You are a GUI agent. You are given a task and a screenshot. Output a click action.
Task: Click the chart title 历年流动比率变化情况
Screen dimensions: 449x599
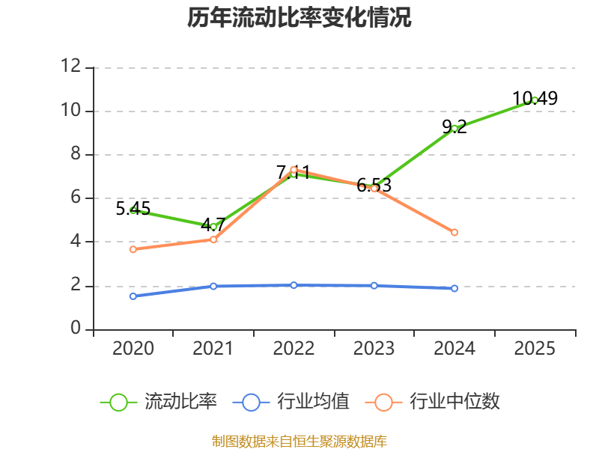[x=299, y=17]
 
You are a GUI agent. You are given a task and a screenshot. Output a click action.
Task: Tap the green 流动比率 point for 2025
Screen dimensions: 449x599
[x=535, y=100]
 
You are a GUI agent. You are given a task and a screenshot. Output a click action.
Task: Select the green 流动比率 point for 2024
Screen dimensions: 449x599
[x=454, y=128]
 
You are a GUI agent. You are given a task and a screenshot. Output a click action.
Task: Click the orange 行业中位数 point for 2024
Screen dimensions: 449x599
[x=454, y=233]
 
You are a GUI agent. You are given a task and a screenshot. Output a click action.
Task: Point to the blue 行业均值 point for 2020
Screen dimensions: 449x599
[x=133, y=296]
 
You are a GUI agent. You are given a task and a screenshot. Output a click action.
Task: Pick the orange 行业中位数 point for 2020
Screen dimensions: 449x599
[x=133, y=249]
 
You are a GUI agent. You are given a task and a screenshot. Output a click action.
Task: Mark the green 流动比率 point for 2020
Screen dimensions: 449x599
[x=133, y=210]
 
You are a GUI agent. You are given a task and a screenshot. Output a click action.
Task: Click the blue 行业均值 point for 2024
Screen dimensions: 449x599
[x=454, y=288]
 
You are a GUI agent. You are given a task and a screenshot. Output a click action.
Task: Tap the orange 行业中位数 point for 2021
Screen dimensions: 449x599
[x=213, y=239]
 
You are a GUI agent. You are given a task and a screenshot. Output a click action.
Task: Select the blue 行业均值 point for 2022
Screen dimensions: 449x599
[x=294, y=285]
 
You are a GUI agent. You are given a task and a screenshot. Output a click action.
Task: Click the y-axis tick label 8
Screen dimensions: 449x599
[x=75, y=154]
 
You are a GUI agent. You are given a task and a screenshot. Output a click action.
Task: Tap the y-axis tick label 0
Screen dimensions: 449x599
[x=75, y=329]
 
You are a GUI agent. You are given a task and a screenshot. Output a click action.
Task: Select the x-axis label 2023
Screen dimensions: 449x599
[x=374, y=349]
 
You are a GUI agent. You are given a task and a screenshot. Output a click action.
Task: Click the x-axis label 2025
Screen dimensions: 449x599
[x=535, y=349]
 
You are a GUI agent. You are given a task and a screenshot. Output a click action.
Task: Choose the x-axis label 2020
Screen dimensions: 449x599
[x=133, y=349]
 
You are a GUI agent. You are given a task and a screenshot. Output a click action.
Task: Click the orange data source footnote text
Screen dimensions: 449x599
[x=299, y=441]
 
